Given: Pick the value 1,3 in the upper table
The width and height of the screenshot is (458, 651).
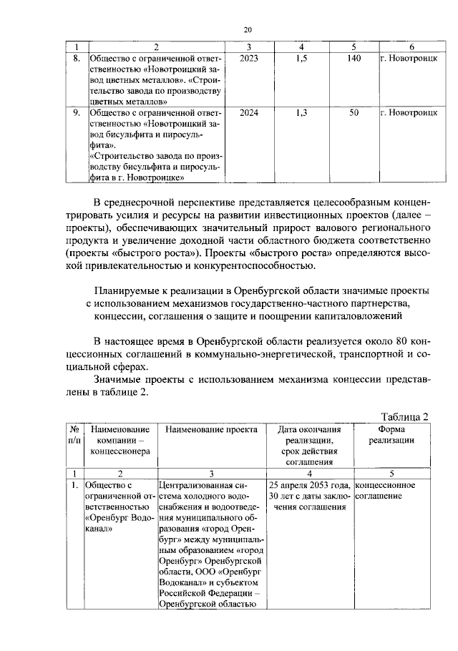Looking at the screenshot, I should click(x=301, y=113).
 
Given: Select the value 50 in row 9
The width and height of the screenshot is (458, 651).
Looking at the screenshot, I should click(x=353, y=113).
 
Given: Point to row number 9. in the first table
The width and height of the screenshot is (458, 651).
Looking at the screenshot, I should click(x=77, y=113).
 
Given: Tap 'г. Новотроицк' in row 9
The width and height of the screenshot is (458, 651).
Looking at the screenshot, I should click(x=409, y=113).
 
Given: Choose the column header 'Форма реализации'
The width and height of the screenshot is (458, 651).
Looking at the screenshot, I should click(x=391, y=435).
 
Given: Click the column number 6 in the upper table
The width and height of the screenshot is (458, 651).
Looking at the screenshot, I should click(x=411, y=46).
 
